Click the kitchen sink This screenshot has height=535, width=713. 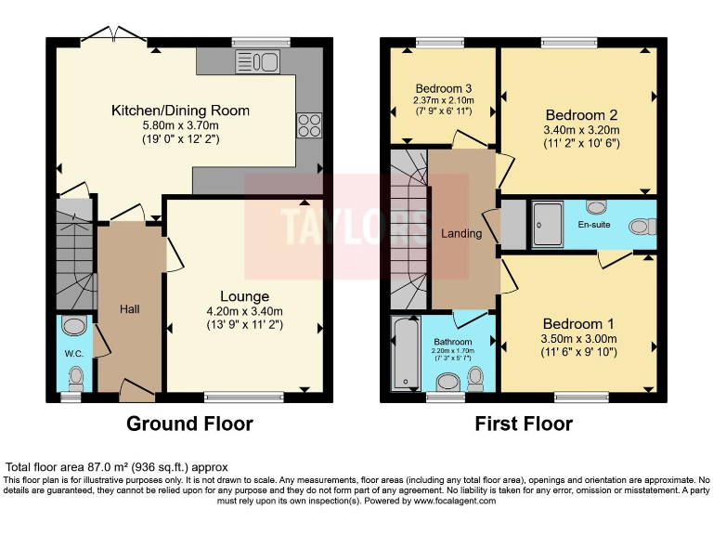click(x=257, y=62)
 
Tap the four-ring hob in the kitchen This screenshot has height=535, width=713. click(x=309, y=125)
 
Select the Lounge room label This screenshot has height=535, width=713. click(x=245, y=296)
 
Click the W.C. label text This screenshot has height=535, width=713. click(x=74, y=354)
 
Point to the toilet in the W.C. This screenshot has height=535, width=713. click(x=76, y=379)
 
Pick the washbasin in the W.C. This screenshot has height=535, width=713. click(x=74, y=326)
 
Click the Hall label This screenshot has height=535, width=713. click(x=130, y=309)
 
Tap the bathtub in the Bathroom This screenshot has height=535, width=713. click(x=406, y=354)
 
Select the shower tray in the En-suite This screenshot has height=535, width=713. click(x=548, y=225)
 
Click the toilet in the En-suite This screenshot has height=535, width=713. click(x=642, y=227)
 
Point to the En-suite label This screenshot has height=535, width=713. click(x=594, y=224)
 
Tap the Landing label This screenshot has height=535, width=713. click(x=461, y=233)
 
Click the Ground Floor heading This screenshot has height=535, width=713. click(x=189, y=424)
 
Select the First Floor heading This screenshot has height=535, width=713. click(x=524, y=424)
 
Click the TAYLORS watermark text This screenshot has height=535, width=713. click(x=356, y=226)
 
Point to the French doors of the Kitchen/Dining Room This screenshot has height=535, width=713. click(x=114, y=36)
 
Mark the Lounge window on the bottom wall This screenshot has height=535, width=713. click(x=244, y=398)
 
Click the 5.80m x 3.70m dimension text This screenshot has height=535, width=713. click(x=180, y=125)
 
